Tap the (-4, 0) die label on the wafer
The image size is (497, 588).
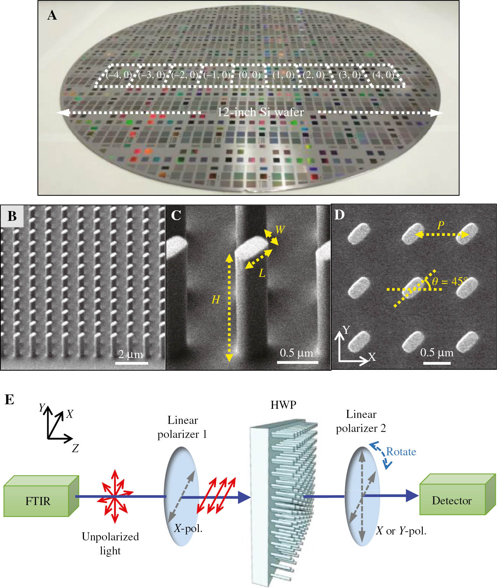[x=119, y=75]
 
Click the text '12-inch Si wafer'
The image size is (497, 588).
[x=260, y=112]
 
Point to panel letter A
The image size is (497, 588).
[x=52, y=15]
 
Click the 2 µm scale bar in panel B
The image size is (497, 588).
[x=131, y=363]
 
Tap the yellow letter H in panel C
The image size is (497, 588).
[x=216, y=300]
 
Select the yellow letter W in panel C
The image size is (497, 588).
[x=280, y=230]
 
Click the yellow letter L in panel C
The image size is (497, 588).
[x=262, y=273]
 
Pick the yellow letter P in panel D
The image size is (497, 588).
[x=441, y=225]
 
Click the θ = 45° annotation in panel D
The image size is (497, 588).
[x=449, y=281]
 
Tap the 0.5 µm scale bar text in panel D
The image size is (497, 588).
[x=436, y=352]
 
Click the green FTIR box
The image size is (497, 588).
[x=38, y=500]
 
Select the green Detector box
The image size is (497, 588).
[x=451, y=500]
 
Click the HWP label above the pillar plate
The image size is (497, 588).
[x=283, y=405]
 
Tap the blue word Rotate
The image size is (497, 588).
[x=401, y=451]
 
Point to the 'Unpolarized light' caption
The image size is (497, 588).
[x=110, y=543]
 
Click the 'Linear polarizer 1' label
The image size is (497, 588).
[x=182, y=427]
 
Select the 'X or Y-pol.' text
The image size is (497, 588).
[x=401, y=531]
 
